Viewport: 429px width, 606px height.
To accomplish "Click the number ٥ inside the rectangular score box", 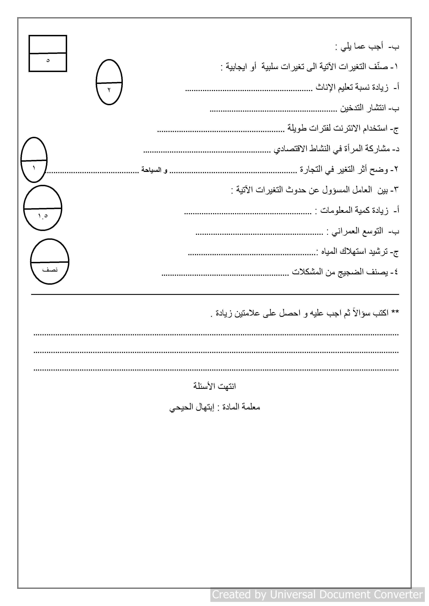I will click(48, 60).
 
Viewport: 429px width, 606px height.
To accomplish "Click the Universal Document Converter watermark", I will click(317, 594).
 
